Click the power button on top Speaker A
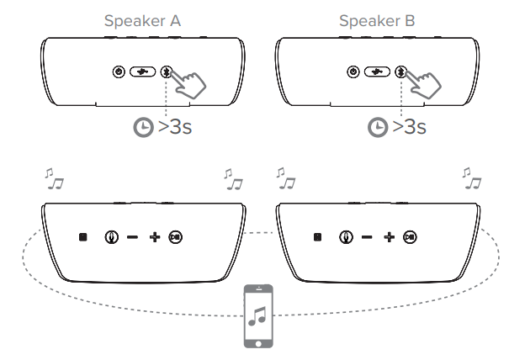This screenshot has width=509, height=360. (x=119, y=72)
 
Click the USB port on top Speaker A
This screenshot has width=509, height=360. (x=142, y=72)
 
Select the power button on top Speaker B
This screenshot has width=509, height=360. (x=352, y=72)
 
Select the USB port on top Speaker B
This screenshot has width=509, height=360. (x=375, y=72)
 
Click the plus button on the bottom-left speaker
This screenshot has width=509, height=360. (x=154, y=237)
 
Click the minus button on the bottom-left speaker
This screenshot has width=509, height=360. (x=132, y=237)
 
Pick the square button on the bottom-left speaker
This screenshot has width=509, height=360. (x=82, y=237)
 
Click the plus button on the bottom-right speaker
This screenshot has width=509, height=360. (x=388, y=237)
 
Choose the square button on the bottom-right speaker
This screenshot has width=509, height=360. (x=316, y=237)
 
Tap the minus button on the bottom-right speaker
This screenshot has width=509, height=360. (x=367, y=237)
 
